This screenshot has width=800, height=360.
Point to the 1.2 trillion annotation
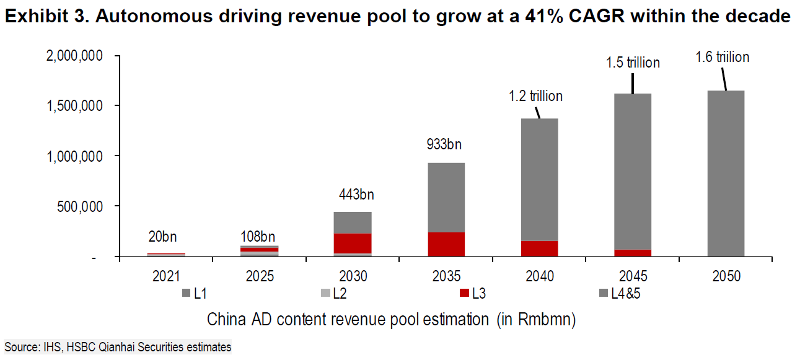click(x=535, y=96)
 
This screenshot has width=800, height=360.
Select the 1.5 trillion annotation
click(x=633, y=63)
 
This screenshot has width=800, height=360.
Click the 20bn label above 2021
click(x=162, y=237)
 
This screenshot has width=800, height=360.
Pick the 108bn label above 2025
click(x=257, y=237)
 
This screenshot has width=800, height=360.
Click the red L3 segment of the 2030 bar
click(x=353, y=243)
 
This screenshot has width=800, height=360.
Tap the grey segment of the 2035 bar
click(x=446, y=197)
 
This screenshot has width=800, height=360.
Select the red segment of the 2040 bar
click(x=540, y=248)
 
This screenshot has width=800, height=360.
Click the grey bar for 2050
click(x=726, y=173)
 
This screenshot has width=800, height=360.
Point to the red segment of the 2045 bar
click(x=633, y=253)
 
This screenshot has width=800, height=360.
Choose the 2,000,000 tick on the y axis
click(x=74, y=56)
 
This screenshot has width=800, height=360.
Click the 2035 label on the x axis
click(x=446, y=277)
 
